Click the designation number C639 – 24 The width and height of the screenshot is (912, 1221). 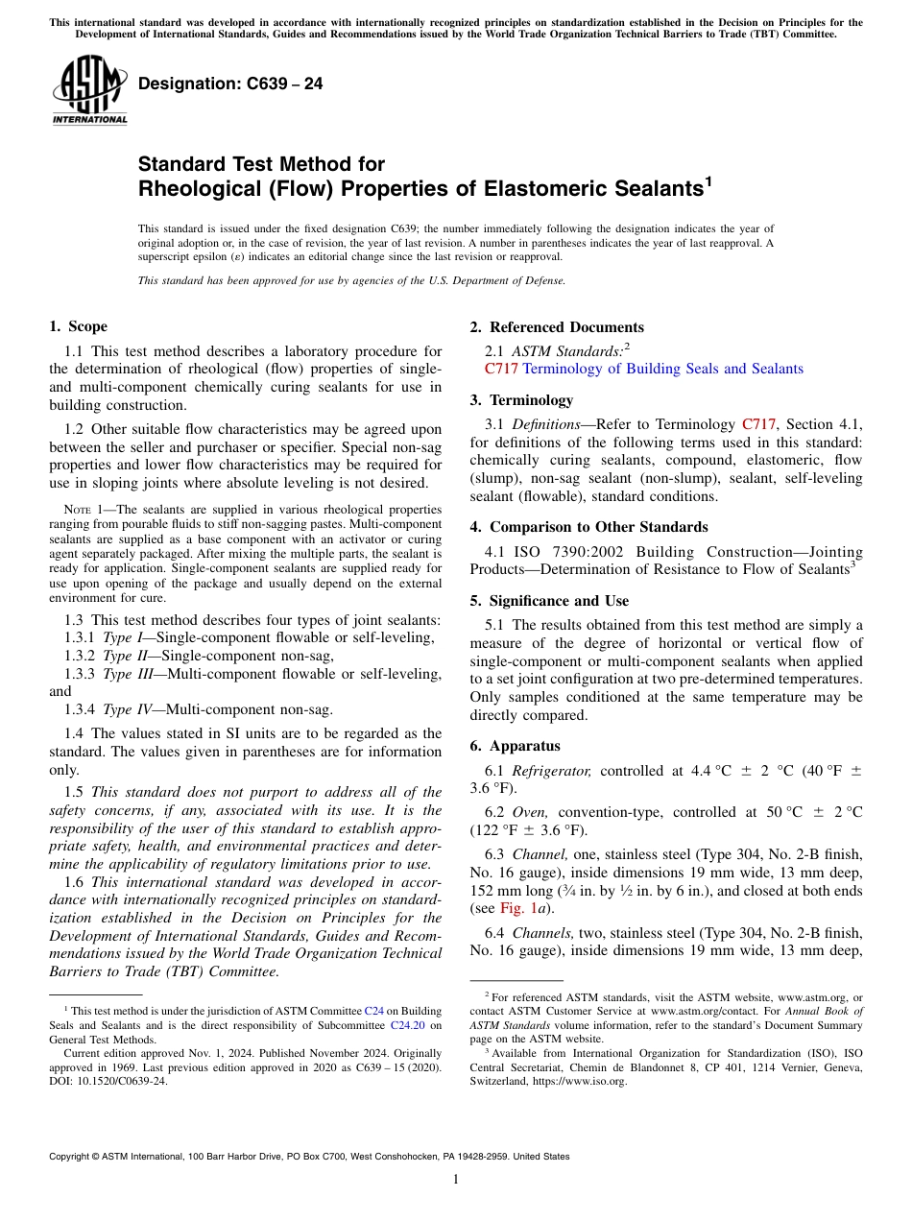(230, 84)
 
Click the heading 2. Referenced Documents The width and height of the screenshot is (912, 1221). (557, 327)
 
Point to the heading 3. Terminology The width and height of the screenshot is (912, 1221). (531, 400)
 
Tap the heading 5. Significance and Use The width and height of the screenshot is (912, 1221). (550, 601)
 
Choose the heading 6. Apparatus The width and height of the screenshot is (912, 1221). (516, 746)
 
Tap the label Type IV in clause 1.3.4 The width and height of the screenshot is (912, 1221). (126, 709)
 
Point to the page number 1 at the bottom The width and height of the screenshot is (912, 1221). (456, 1180)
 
